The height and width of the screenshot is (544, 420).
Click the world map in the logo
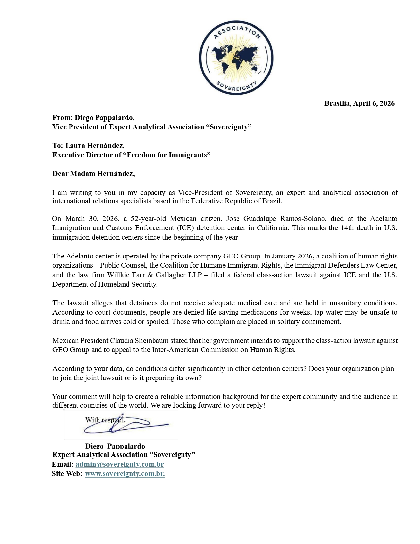click(x=236, y=58)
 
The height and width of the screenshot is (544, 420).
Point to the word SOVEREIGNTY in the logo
click(x=236, y=87)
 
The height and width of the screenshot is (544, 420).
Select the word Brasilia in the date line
click(x=337, y=103)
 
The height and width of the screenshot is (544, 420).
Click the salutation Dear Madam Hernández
click(x=94, y=174)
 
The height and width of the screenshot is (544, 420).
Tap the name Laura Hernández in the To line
click(x=95, y=146)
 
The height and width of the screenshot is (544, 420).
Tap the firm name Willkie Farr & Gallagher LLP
click(x=154, y=275)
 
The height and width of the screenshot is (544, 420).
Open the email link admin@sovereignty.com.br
click(x=120, y=464)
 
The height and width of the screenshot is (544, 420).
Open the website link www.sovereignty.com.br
click(x=125, y=474)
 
